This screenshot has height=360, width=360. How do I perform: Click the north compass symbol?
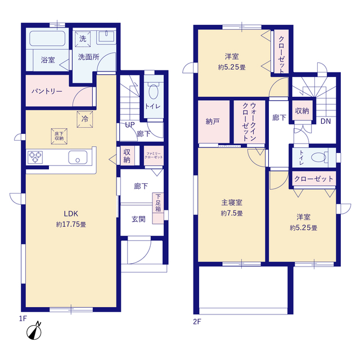pyautogui.click(x=34, y=332)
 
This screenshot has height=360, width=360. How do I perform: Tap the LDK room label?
pyautogui.click(x=71, y=214)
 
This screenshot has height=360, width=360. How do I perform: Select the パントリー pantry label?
pyautogui.click(x=47, y=91)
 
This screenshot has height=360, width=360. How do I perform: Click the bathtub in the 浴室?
pyautogui.click(x=47, y=38)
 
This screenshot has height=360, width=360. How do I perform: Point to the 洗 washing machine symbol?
pyautogui.click(x=83, y=39)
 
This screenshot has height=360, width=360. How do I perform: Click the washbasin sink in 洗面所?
pyautogui.click(x=106, y=36)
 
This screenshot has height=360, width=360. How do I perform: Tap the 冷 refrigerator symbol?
pyautogui.click(x=85, y=119)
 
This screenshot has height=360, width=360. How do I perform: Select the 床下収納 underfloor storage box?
pyautogui.click(x=59, y=136)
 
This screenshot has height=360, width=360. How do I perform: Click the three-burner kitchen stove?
pyautogui.click(x=35, y=157)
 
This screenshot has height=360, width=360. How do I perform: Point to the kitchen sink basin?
pyautogui.click(x=78, y=157)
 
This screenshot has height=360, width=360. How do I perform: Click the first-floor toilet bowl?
pyautogui.click(x=154, y=92)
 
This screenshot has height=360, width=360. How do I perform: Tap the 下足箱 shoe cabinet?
pyautogui.click(x=158, y=208)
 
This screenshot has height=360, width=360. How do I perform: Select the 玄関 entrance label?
pyautogui.click(x=138, y=219)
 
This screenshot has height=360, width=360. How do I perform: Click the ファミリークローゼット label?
pyautogui.click(x=154, y=155)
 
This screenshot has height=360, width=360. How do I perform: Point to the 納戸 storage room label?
pyautogui.click(x=213, y=121)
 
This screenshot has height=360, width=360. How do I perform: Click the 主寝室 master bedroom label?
pyautogui.click(x=232, y=202)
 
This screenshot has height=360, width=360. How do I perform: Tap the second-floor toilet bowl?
pyautogui.click(x=319, y=157)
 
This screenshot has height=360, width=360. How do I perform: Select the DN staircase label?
pyautogui.click(x=326, y=121)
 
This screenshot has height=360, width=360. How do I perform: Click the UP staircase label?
pyautogui.click(x=130, y=125)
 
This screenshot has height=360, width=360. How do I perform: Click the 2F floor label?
pyautogui.click(x=197, y=322)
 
